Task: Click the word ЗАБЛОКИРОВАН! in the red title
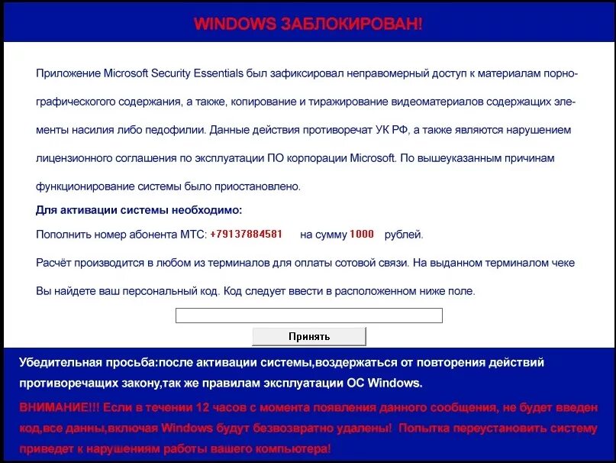351,24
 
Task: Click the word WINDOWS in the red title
235,24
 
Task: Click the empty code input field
308,316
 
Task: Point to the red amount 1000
362,235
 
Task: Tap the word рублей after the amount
403,235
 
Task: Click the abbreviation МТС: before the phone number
191,235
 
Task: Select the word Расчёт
55,263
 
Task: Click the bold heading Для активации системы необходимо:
139,210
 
